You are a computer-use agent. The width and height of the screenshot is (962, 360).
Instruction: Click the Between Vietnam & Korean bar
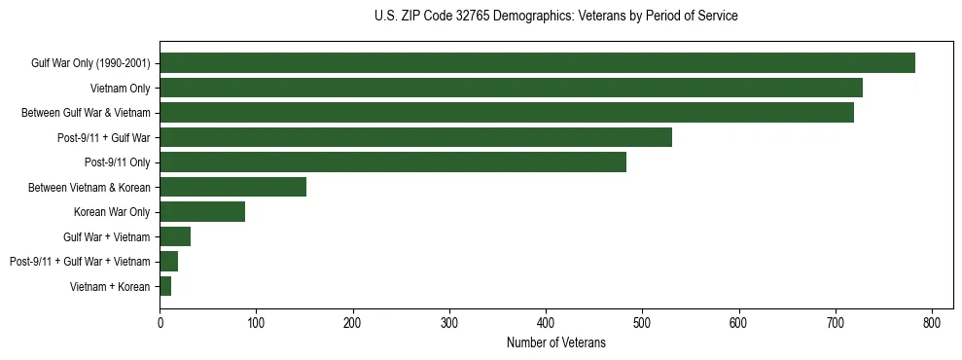[232, 187]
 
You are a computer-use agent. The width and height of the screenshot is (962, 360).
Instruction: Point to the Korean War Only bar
[202, 211]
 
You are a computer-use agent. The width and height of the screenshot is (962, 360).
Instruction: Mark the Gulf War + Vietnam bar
[175, 236]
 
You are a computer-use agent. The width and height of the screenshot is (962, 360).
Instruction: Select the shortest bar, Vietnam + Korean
[165, 286]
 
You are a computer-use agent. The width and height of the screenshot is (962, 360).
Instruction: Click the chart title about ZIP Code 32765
[555, 17]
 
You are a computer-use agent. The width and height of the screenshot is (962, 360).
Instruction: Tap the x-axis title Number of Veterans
[555, 343]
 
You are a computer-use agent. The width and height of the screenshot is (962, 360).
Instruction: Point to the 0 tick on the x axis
[160, 323]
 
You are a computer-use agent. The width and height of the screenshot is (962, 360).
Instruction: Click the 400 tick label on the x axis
[546, 323]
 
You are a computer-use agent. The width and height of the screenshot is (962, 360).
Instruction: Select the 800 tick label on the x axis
[932, 323]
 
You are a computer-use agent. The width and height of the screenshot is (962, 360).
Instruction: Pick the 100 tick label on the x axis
[256, 323]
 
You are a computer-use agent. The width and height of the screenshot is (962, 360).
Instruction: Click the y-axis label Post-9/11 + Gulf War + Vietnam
[80, 262]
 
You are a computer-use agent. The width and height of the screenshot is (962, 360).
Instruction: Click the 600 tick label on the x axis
[739, 323]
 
